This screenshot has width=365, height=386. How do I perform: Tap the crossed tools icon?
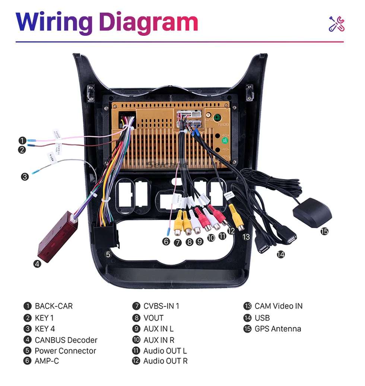tap(336, 23)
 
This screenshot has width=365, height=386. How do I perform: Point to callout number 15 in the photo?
tap(324, 231)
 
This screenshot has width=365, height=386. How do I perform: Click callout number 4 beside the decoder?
tap(37, 264)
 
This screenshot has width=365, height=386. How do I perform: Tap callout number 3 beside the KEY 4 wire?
tap(25, 177)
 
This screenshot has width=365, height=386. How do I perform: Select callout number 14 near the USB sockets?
tap(280, 254)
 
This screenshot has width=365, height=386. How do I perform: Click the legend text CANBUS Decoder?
tap(66, 340)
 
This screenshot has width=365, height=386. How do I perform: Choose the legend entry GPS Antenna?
tap(278, 329)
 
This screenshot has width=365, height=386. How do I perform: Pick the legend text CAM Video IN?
tap(279, 306)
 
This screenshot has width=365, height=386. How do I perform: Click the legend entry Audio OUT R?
tap(165, 361)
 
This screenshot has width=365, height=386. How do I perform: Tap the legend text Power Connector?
tap(65, 351)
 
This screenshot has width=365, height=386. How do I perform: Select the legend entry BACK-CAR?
tap(54, 306)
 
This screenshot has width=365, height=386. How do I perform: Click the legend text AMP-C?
tap(47, 361)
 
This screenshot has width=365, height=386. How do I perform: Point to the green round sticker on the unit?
tap(225, 140)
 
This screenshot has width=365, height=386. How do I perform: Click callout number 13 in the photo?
tap(246, 236)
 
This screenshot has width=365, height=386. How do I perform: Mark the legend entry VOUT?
tap(153, 318)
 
